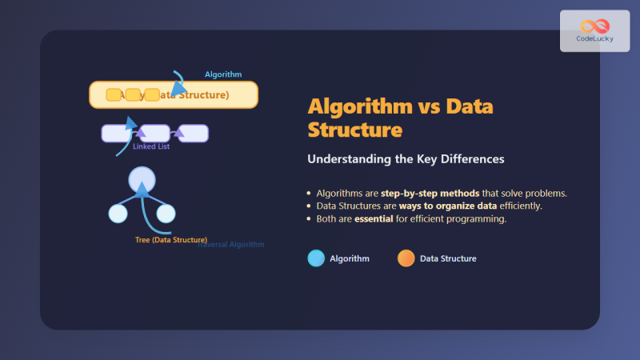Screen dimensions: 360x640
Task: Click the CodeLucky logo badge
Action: (x=594, y=31)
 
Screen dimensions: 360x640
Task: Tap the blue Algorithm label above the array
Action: (x=223, y=74)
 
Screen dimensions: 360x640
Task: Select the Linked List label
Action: (x=151, y=146)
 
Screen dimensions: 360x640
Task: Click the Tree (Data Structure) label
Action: (x=171, y=240)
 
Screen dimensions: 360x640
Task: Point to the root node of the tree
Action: (x=142, y=178)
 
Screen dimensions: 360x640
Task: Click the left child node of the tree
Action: (x=118, y=214)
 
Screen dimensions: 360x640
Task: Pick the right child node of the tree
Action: (x=166, y=214)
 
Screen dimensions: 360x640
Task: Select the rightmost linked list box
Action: (x=193, y=134)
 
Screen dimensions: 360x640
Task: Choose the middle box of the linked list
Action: (x=154, y=134)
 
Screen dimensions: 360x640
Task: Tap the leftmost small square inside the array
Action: (x=114, y=95)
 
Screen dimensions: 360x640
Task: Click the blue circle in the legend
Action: (x=316, y=258)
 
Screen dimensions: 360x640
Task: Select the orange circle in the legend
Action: (x=406, y=258)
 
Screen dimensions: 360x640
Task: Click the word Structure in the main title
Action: (x=354, y=129)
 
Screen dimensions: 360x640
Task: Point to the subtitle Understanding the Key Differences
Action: (x=406, y=159)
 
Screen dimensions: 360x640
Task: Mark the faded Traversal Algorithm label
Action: (x=232, y=245)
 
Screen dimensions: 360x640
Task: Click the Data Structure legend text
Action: (x=448, y=258)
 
